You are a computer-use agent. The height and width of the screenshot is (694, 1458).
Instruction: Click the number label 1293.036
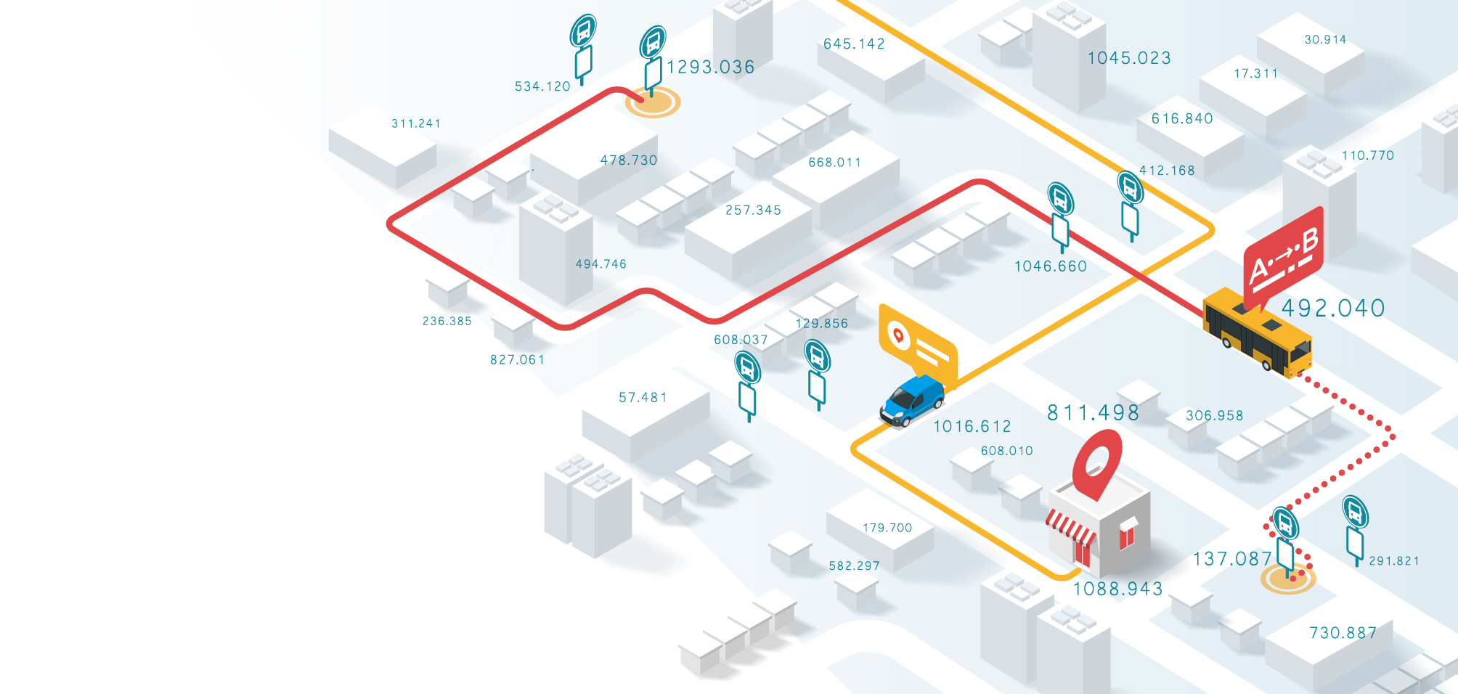click(x=710, y=68)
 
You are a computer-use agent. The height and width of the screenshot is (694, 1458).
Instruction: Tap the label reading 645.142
click(x=854, y=44)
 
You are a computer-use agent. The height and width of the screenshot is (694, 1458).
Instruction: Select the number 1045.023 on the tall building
click(x=1129, y=58)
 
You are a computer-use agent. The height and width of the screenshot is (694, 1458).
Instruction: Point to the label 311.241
click(x=416, y=123)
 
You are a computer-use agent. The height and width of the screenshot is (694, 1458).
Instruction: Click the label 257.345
click(x=753, y=211)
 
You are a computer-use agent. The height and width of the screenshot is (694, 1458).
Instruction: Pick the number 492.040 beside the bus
click(x=1333, y=309)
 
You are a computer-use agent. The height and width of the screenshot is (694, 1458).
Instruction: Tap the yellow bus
click(x=1257, y=333)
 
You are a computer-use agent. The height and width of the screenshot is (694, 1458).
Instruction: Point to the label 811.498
click(x=1093, y=413)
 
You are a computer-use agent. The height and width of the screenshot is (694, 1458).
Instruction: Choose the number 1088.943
click(x=1117, y=589)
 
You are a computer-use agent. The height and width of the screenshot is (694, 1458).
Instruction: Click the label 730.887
click(x=1343, y=633)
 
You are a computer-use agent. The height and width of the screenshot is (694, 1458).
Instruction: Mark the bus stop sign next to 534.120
click(x=583, y=48)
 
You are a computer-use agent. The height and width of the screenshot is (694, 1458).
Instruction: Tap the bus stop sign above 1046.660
click(x=1060, y=215)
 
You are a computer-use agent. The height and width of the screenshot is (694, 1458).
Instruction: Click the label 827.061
click(x=517, y=360)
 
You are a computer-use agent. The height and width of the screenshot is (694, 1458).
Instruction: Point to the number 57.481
click(x=643, y=398)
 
